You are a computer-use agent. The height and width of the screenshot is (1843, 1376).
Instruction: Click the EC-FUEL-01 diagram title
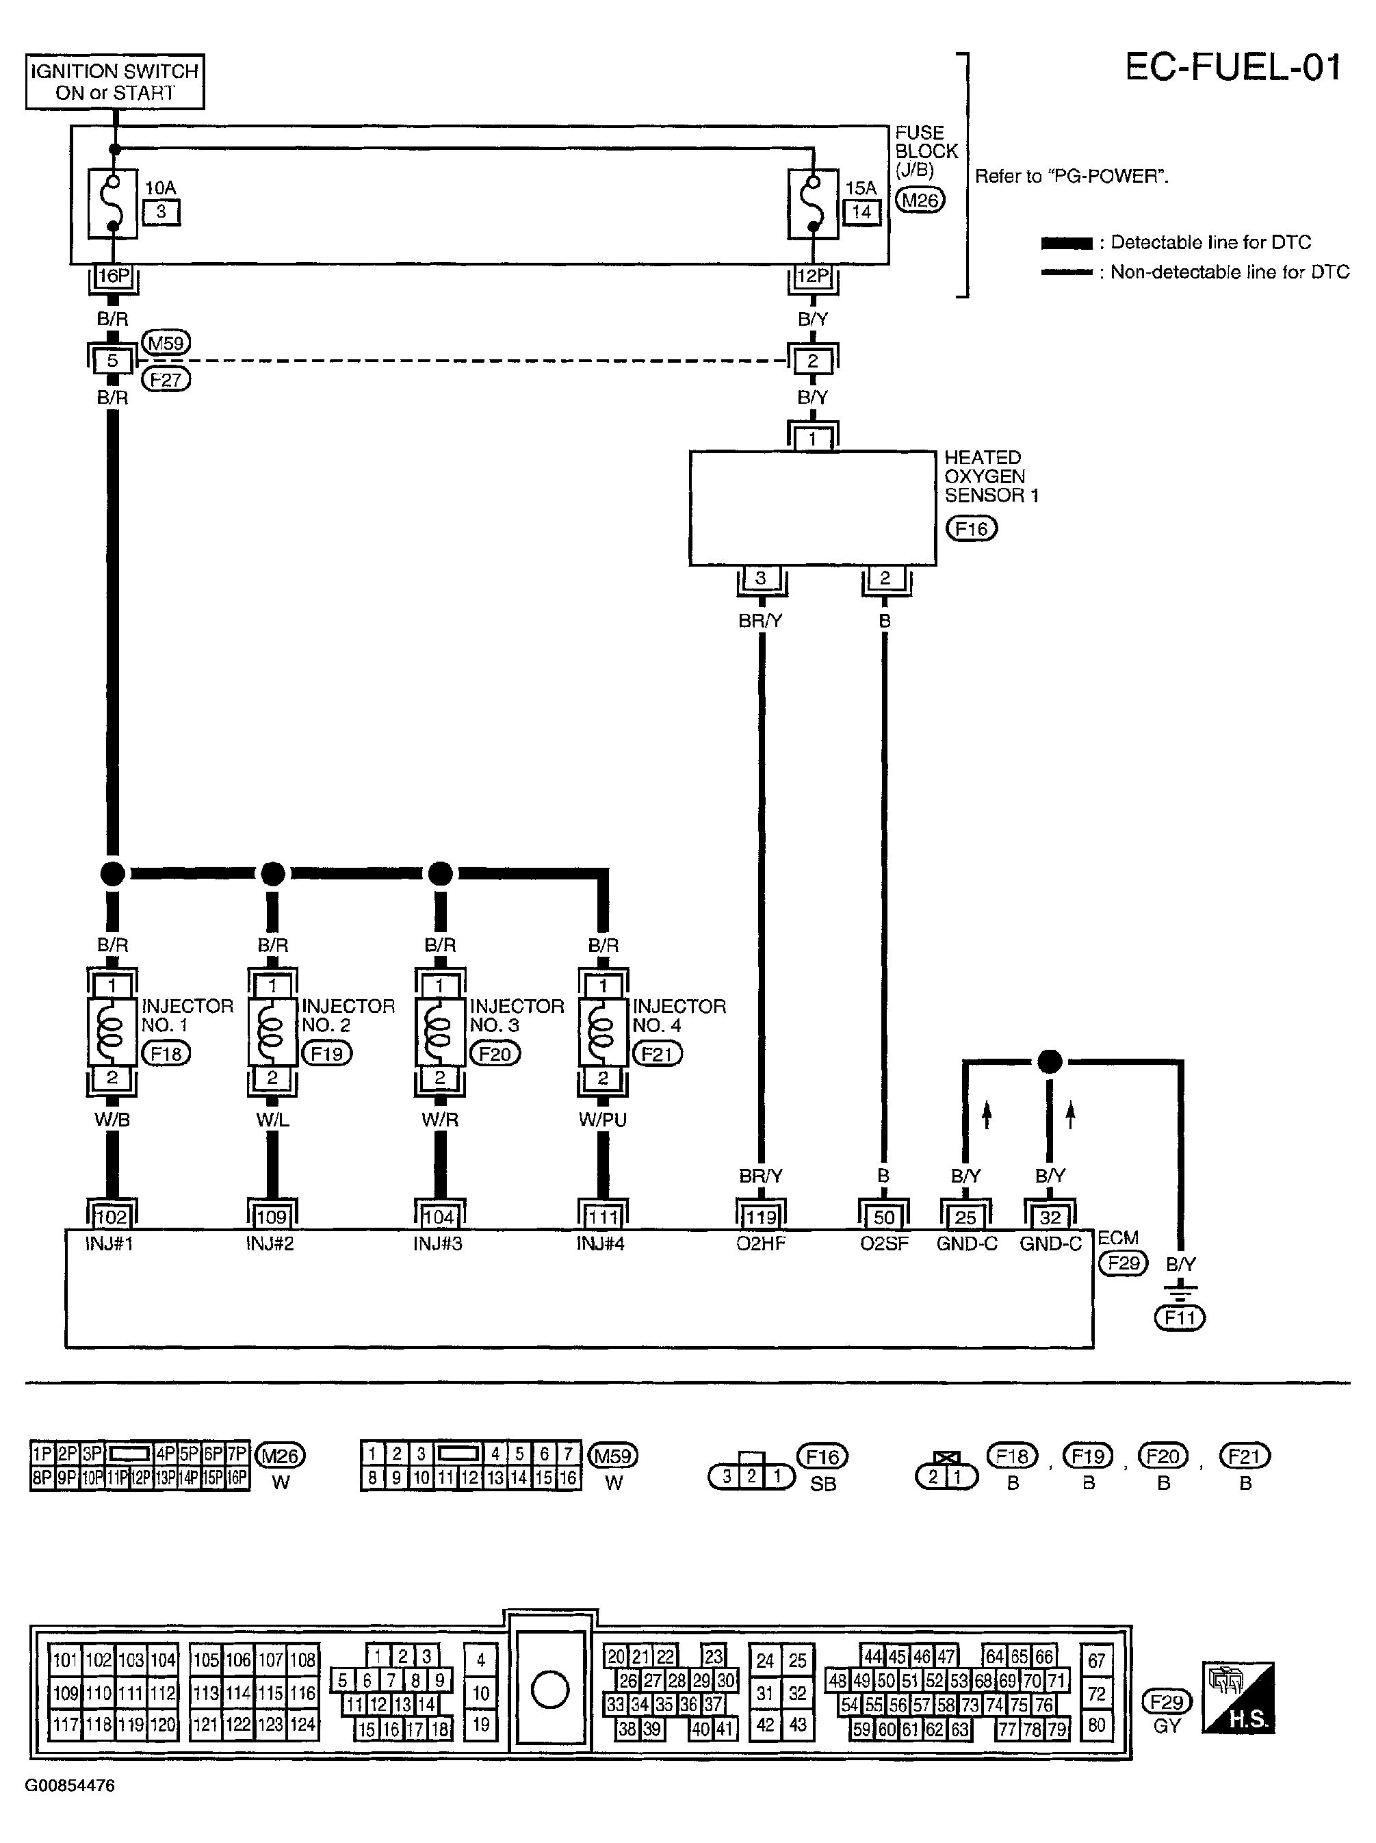click(x=1233, y=66)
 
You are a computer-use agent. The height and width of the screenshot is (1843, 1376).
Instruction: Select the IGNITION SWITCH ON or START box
click(x=115, y=81)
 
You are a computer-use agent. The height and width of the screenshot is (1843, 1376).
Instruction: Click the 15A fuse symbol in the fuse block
click(x=812, y=204)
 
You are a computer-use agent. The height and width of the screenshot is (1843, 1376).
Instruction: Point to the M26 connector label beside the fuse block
click(x=920, y=201)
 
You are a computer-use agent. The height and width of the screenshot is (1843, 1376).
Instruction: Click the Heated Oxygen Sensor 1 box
click(x=812, y=508)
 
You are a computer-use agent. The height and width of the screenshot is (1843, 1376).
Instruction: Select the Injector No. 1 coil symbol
click(x=112, y=1031)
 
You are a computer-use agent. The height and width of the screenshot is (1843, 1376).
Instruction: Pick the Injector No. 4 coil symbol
click(x=602, y=1031)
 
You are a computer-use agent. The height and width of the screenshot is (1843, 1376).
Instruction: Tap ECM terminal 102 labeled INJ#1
click(x=112, y=1217)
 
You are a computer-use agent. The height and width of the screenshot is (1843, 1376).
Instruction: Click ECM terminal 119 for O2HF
click(x=760, y=1217)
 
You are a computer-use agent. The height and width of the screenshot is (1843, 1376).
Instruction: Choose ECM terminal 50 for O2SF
click(x=884, y=1217)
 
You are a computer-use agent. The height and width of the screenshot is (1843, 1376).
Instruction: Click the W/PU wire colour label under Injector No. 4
click(x=602, y=1120)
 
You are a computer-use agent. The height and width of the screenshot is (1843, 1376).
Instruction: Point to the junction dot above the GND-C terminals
click(x=1050, y=1061)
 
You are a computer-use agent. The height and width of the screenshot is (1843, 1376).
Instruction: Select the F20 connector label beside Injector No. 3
click(x=495, y=1054)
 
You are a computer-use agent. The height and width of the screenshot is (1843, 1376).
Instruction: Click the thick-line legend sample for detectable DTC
click(x=1066, y=243)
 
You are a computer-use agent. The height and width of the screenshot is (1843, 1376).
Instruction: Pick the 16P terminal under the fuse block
click(x=114, y=276)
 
